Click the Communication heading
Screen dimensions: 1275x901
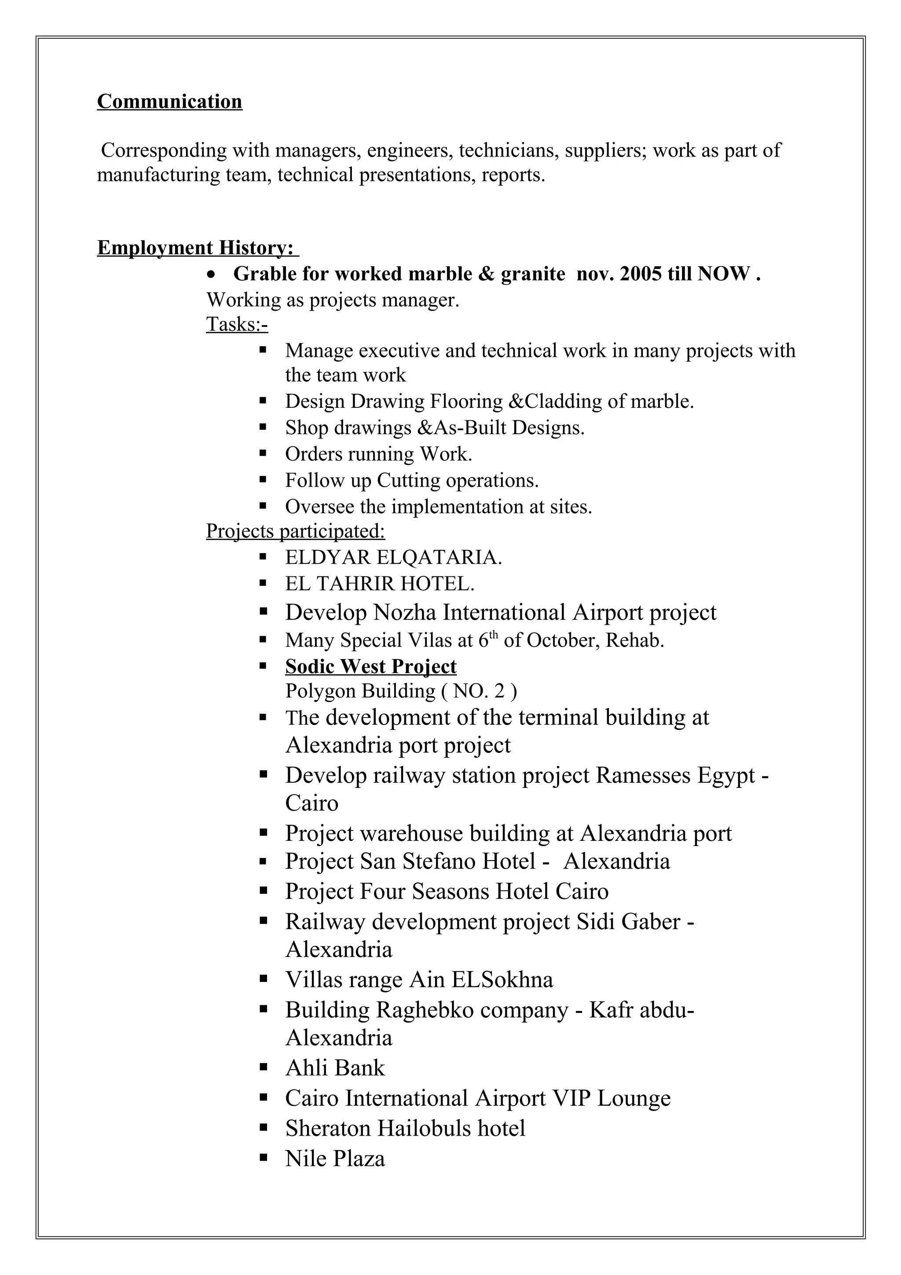click(x=169, y=102)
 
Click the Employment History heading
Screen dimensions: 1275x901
click(x=195, y=248)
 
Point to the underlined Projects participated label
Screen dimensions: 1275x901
click(x=295, y=531)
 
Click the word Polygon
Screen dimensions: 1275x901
click(x=321, y=691)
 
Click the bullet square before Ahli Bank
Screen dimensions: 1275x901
click(x=264, y=1067)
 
